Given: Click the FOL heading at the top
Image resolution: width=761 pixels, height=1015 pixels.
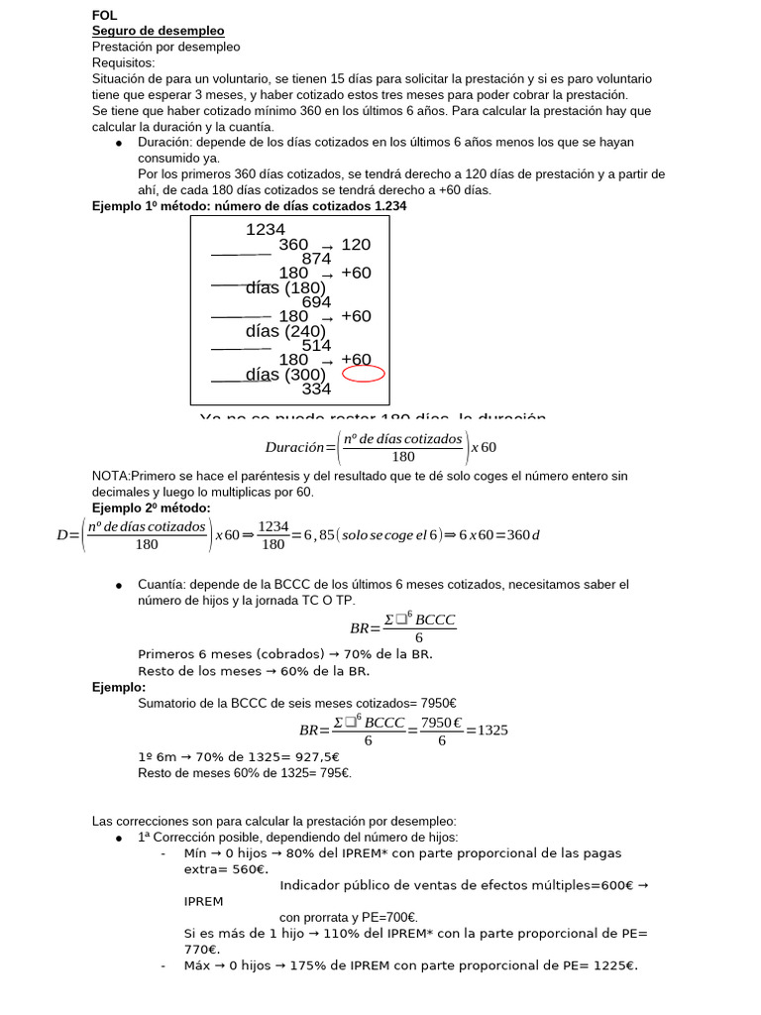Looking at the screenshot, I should point(103,16).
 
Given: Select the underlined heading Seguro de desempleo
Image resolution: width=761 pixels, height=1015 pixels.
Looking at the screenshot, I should point(158,32).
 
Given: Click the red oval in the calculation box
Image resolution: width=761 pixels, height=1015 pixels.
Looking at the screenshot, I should point(364,373).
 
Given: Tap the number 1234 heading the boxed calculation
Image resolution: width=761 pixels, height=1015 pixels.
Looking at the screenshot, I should point(266,230).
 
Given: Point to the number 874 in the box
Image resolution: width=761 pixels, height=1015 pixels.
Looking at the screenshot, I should point(316,259).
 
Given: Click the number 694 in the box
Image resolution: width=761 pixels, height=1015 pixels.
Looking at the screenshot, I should point(316,301).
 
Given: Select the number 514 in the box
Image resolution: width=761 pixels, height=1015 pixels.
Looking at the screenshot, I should point(316,345).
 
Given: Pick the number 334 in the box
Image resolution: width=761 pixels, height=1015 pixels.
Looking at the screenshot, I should point(316,389).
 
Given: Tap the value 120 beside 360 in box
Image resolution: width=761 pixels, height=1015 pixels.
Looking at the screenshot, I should point(356,245).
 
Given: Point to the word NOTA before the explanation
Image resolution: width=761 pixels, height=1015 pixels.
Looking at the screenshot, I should point(110,476).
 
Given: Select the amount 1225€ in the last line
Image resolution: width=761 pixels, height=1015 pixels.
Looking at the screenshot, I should point(610,965).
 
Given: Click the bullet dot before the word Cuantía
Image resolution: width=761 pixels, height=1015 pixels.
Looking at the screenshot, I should point(119,585).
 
